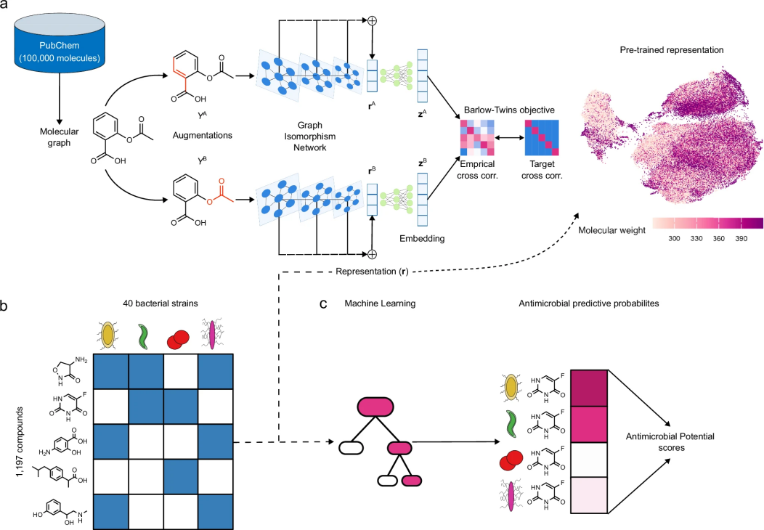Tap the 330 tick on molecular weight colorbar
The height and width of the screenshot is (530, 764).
click(696, 237)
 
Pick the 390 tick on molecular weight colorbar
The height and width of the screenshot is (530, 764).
click(741, 237)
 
